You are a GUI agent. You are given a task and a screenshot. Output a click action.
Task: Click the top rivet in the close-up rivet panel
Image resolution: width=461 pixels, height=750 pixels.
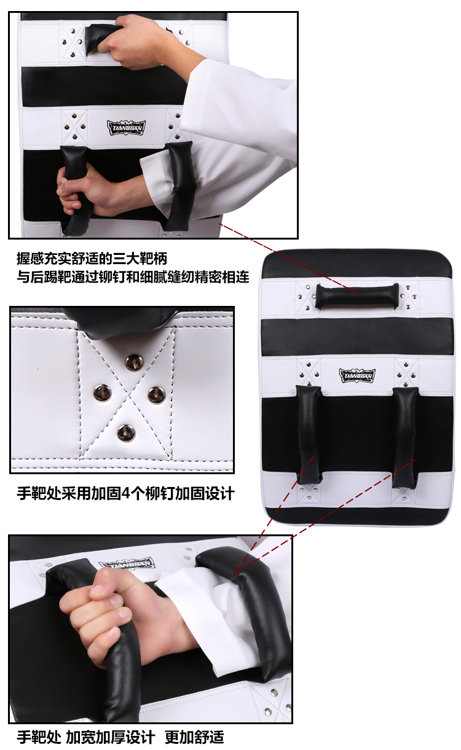[134, 362]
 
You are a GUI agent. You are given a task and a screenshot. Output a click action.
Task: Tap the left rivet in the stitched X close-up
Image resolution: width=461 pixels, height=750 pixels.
[103, 392]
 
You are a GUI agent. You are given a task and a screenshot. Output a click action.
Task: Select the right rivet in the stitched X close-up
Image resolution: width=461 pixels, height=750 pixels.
[156, 394]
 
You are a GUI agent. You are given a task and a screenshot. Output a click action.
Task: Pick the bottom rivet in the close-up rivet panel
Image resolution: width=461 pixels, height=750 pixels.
[126, 432]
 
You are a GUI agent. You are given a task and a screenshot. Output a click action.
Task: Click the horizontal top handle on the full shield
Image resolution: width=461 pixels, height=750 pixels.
[357, 295]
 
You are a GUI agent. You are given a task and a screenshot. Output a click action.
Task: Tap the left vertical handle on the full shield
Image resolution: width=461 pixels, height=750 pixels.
[309, 435]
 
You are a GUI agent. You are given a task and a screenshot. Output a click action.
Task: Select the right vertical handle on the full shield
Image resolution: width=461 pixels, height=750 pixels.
[405, 437]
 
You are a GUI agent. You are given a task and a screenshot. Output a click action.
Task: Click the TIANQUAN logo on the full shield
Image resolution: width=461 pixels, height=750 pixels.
[357, 376]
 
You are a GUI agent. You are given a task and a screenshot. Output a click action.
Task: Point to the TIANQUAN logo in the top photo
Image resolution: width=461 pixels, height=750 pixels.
[126, 128]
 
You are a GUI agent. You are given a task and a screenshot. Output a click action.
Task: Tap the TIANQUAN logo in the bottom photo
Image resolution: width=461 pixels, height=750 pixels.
[127, 563]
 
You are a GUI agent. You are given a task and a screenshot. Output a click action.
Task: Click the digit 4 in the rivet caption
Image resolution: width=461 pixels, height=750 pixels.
[126, 494]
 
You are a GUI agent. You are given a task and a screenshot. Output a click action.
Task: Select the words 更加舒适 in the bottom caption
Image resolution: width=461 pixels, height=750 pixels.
[194, 737]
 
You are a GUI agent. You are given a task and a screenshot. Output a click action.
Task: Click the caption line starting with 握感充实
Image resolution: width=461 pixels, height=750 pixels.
[92, 259]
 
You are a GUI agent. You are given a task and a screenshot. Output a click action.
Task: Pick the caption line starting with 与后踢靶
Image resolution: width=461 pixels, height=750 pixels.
[133, 277]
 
